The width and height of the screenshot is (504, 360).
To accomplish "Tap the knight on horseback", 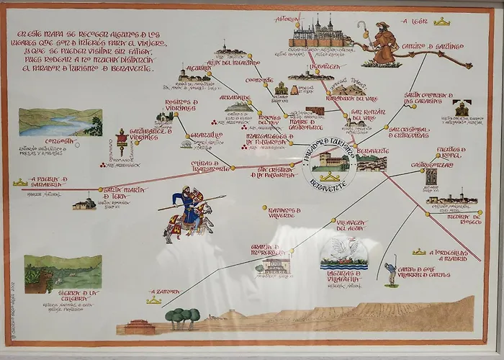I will (189, 212).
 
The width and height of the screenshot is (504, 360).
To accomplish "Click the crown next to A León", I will (442, 22).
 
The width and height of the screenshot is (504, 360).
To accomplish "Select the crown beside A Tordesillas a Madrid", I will (419, 252).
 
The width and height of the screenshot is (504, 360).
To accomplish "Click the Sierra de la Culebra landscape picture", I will (63, 274).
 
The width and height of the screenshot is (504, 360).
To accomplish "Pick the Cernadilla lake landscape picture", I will (60, 122).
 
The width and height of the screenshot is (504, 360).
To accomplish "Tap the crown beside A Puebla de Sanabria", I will (20, 183).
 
